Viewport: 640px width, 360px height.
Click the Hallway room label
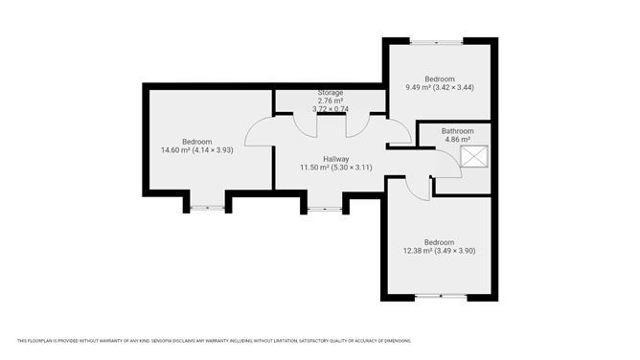click(x=336, y=159)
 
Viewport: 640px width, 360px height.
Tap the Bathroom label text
click(x=458, y=131)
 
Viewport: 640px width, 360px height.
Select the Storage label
click(x=331, y=93)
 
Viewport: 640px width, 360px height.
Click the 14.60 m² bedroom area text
click(x=197, y=150)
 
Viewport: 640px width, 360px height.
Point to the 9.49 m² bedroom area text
click(x=440, y=87)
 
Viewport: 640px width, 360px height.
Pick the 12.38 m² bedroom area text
click(x=439, y=251)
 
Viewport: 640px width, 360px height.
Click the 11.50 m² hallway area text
click(x=336, y=168)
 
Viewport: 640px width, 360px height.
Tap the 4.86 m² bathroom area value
click(x=458, y=140)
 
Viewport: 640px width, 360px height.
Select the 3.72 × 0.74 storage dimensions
click(x=331, y=109)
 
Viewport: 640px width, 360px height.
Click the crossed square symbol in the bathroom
click(x=474, y=156)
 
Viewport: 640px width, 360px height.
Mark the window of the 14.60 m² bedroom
click(x=207, y=208)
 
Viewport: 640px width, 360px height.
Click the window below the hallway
click(x=325, y=209)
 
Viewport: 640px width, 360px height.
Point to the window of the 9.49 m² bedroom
click(x=436, y=41)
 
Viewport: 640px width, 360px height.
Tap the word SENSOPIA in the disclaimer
click(x=162, y=341)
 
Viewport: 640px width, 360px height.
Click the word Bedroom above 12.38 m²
click(x=439, y=242)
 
